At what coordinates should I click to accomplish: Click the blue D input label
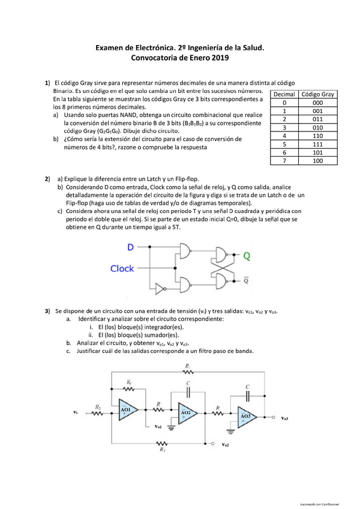point(130,247)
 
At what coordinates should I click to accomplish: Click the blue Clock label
point(122,268)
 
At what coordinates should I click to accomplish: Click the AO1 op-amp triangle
point(128,411)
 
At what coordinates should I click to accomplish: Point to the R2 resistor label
point(97,406)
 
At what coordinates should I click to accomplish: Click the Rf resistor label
point(129,383)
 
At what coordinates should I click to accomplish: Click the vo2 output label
point(225,445)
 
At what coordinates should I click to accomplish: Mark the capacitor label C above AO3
point(247,387)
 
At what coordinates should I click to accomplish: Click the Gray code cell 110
point(318,136)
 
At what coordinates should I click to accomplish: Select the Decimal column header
point(284,94)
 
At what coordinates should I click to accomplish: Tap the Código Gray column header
point(318,94)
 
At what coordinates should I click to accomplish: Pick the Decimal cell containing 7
point(284,161)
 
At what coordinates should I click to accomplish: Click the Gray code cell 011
point(318,119)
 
